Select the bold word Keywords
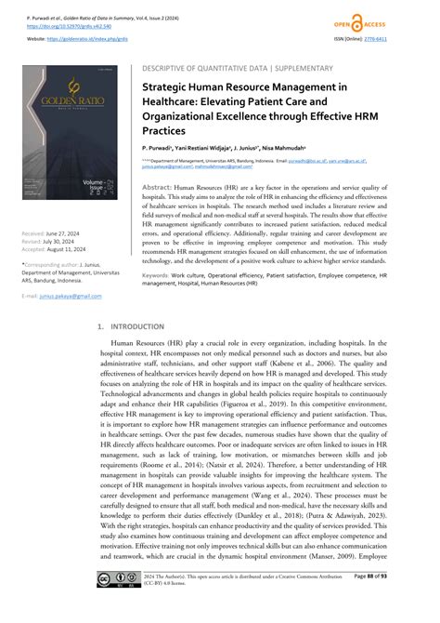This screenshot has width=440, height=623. [x=160, y=276]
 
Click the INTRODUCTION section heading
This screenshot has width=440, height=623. [x=136, y=328]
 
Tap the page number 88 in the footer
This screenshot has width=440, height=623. [x=395, y=603]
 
